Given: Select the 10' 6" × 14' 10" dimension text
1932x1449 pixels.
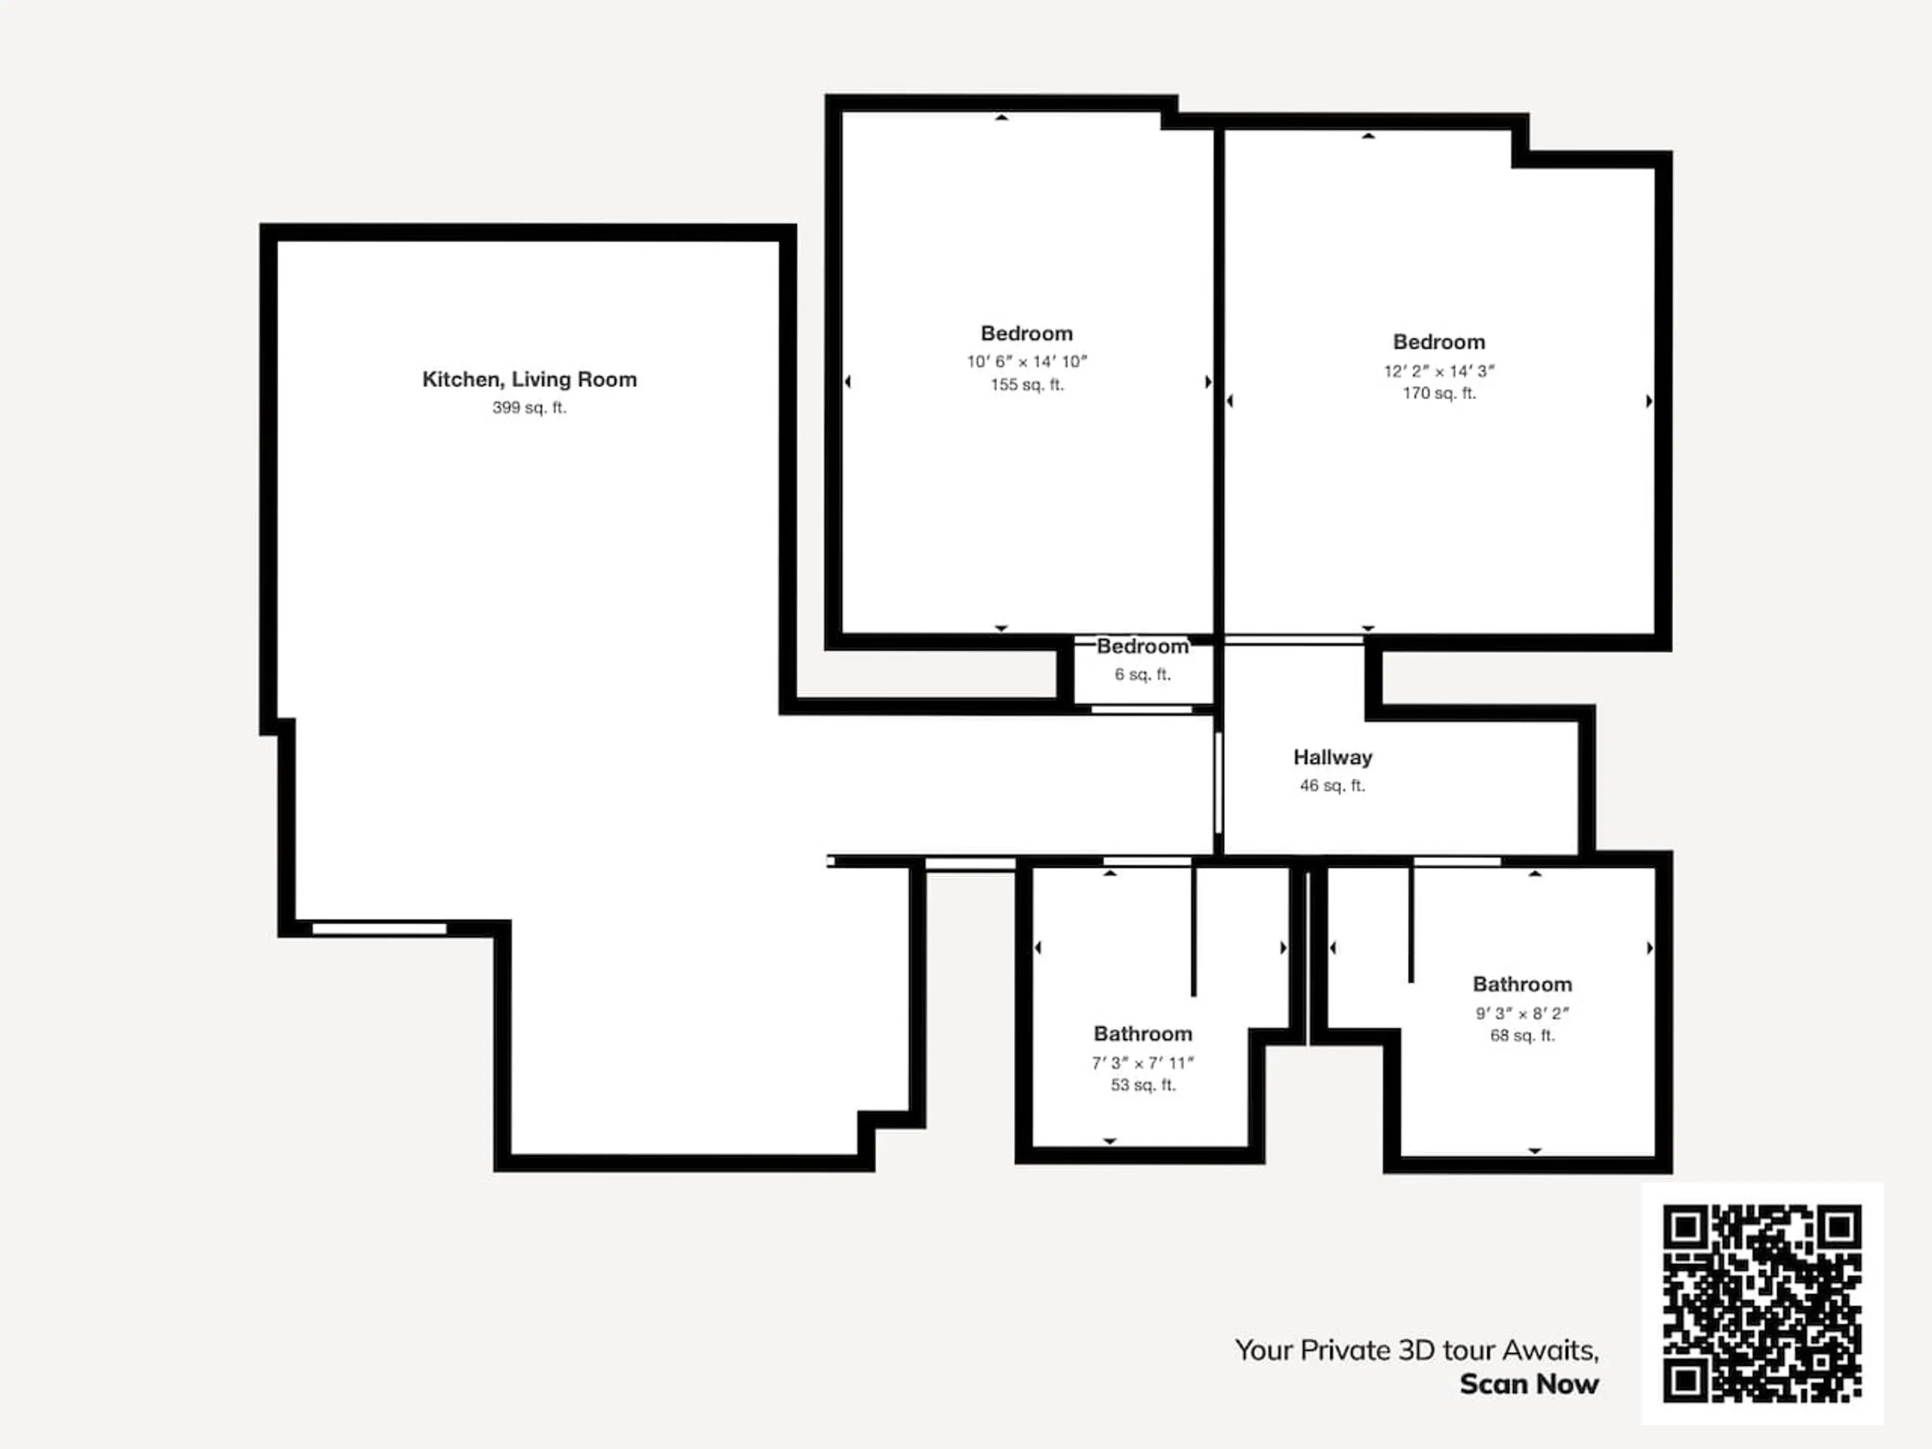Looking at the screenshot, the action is point(1027,362).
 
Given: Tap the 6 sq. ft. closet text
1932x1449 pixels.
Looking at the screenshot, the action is point(1143,674).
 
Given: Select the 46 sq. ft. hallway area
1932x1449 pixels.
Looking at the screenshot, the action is point(1333,786).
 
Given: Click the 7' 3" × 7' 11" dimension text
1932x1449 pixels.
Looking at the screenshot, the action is point(1143,1063).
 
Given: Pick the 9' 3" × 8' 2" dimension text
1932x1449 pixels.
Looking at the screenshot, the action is point(1522,1013).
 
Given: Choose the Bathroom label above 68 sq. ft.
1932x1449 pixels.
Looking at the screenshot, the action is point(1522,984).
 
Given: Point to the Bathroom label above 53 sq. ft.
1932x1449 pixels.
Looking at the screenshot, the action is point(1143,1034).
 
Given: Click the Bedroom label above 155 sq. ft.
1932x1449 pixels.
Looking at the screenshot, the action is point(1027,334).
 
